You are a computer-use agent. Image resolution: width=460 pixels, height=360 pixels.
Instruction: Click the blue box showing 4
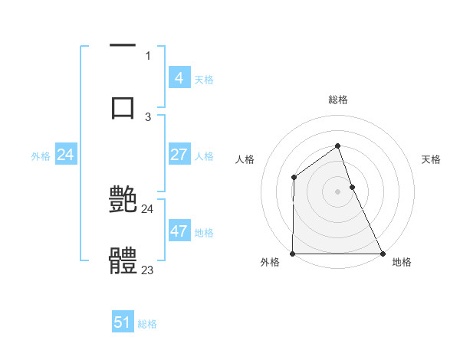[x=179, y=78]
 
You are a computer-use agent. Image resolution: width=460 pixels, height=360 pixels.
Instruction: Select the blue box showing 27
[x=179, y=155]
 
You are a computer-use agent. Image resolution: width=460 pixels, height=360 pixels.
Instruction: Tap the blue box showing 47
[x=179, y=231]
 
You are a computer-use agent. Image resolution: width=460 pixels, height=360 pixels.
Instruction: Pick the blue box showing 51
[x=123, y=322]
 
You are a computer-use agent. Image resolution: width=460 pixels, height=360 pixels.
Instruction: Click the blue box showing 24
[x=66, y=155]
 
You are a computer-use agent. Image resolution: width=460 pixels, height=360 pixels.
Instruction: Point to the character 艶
[x=123, y=201]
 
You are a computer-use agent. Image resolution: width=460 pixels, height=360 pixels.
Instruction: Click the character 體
[x=123, y=260]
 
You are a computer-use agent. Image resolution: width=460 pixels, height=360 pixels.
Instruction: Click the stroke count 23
[x=148, y=270]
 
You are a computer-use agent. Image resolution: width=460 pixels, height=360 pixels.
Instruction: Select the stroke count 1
[x=148, y=56]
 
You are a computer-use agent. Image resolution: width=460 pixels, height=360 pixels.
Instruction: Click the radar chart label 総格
[x=338, y=100]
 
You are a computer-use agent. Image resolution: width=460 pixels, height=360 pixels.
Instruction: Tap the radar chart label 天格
[x=432, y=159]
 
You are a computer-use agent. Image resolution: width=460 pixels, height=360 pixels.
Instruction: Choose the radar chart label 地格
[x=402, y=263]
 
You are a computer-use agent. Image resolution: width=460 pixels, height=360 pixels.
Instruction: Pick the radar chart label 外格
[x=270, y=263]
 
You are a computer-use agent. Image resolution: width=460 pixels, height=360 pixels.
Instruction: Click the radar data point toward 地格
[x=383, y=254]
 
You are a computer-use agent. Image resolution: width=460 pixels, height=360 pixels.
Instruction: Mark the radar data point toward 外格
[x=293, y=254]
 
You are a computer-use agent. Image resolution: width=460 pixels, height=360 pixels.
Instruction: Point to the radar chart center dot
[x=338, y=191]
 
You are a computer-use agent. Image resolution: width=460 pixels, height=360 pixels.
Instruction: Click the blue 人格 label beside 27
[x=204, y=156]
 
